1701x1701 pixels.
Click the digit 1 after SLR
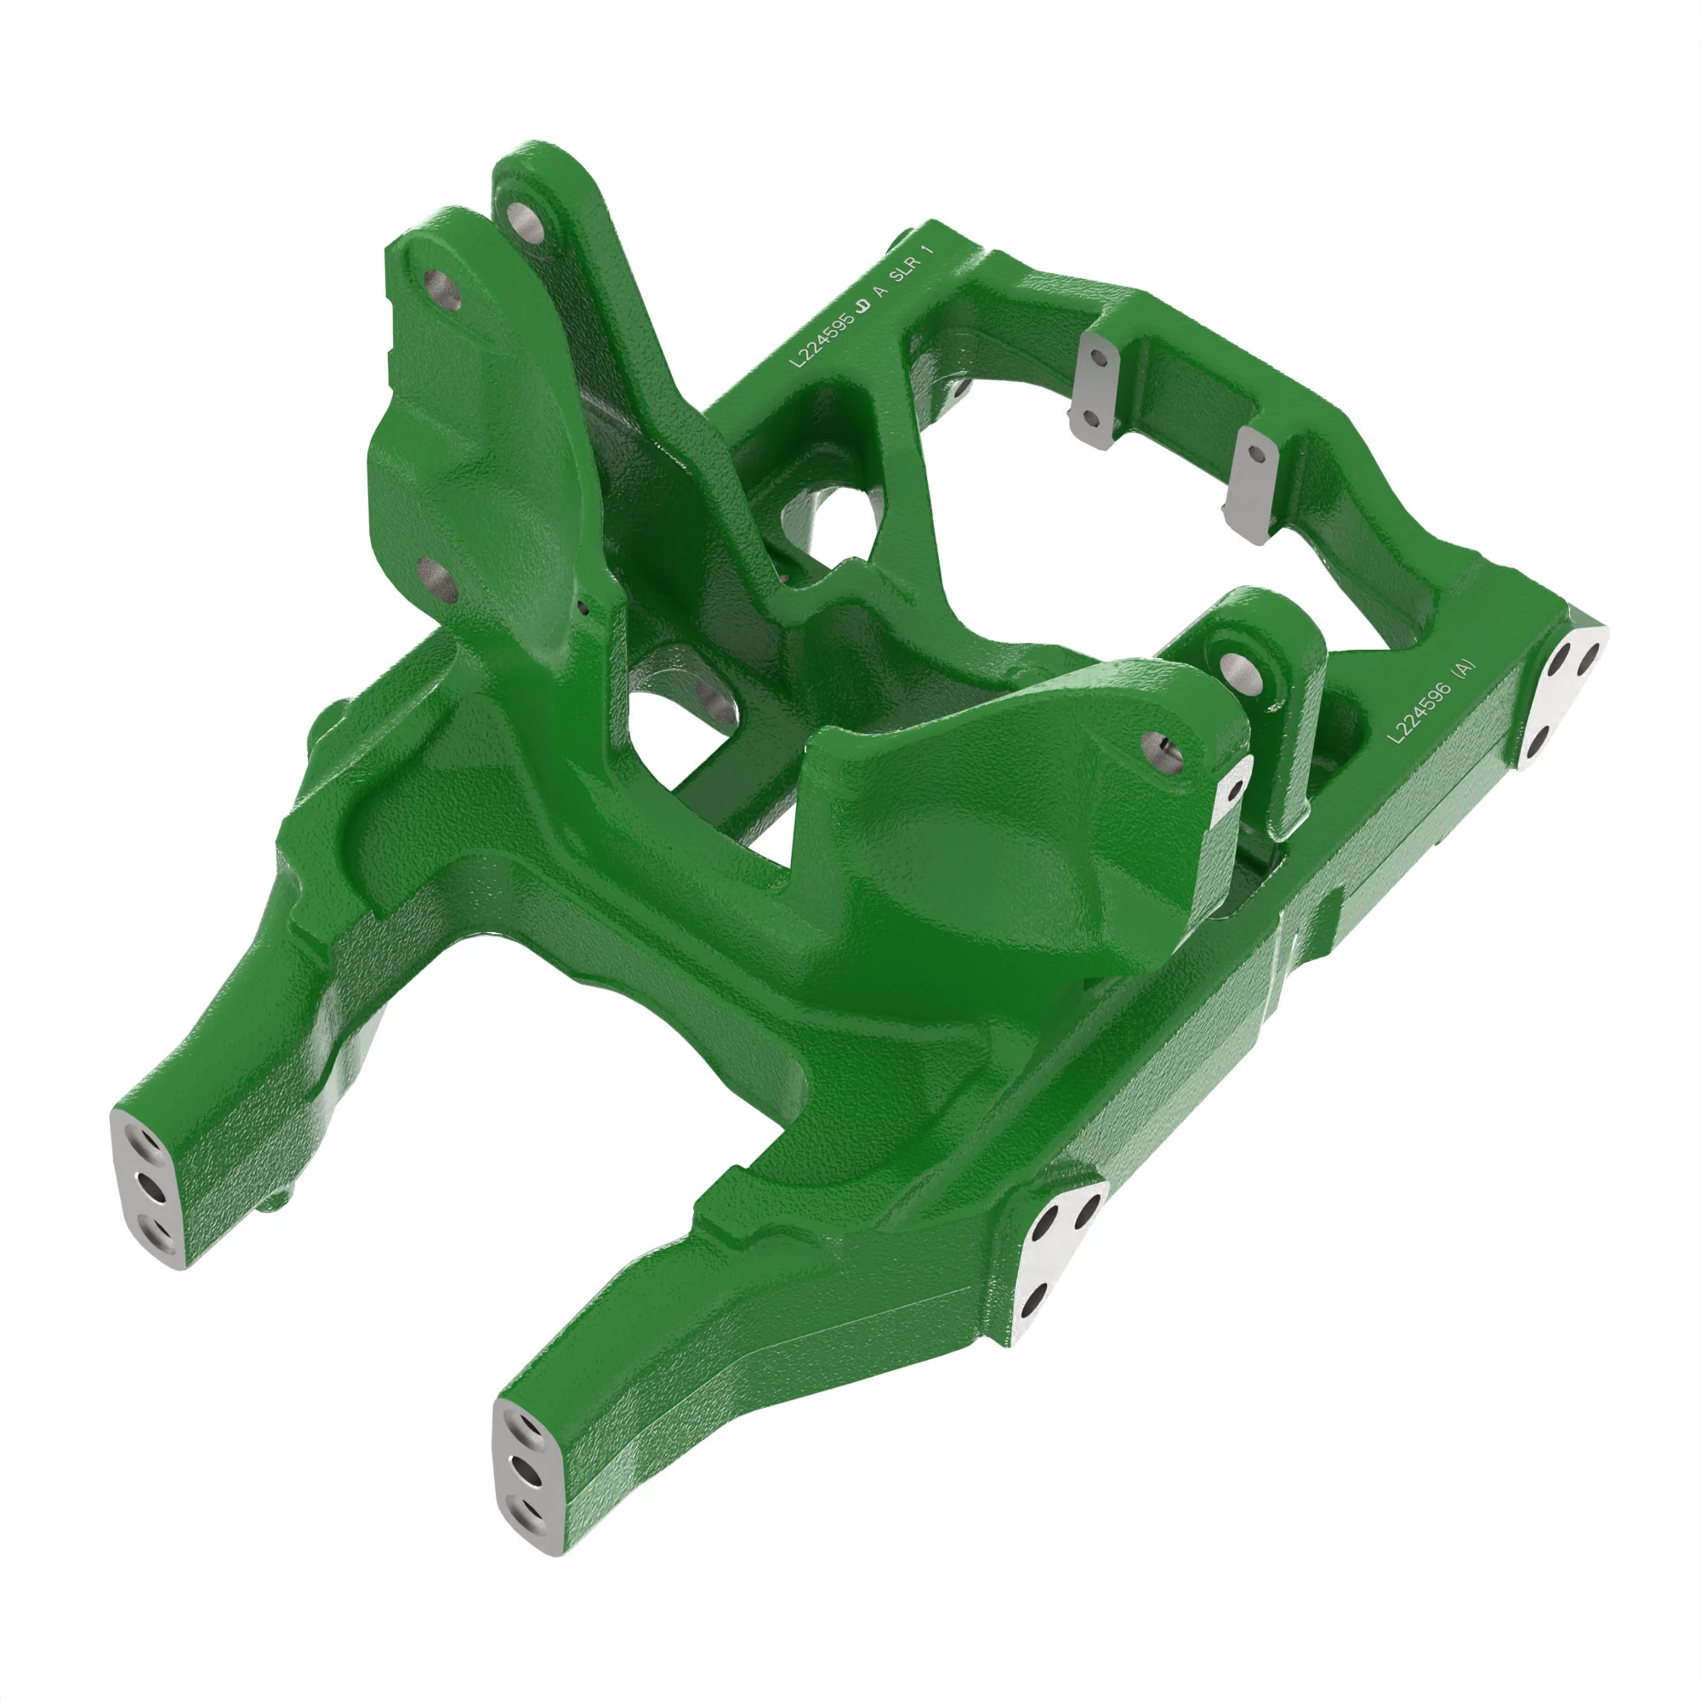pyautogui.click(x=925, y=250)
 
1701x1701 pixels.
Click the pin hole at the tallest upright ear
pyautogui.click(x=523, y=215)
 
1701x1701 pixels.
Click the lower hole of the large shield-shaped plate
pyautogui.click(x=435, y=578)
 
